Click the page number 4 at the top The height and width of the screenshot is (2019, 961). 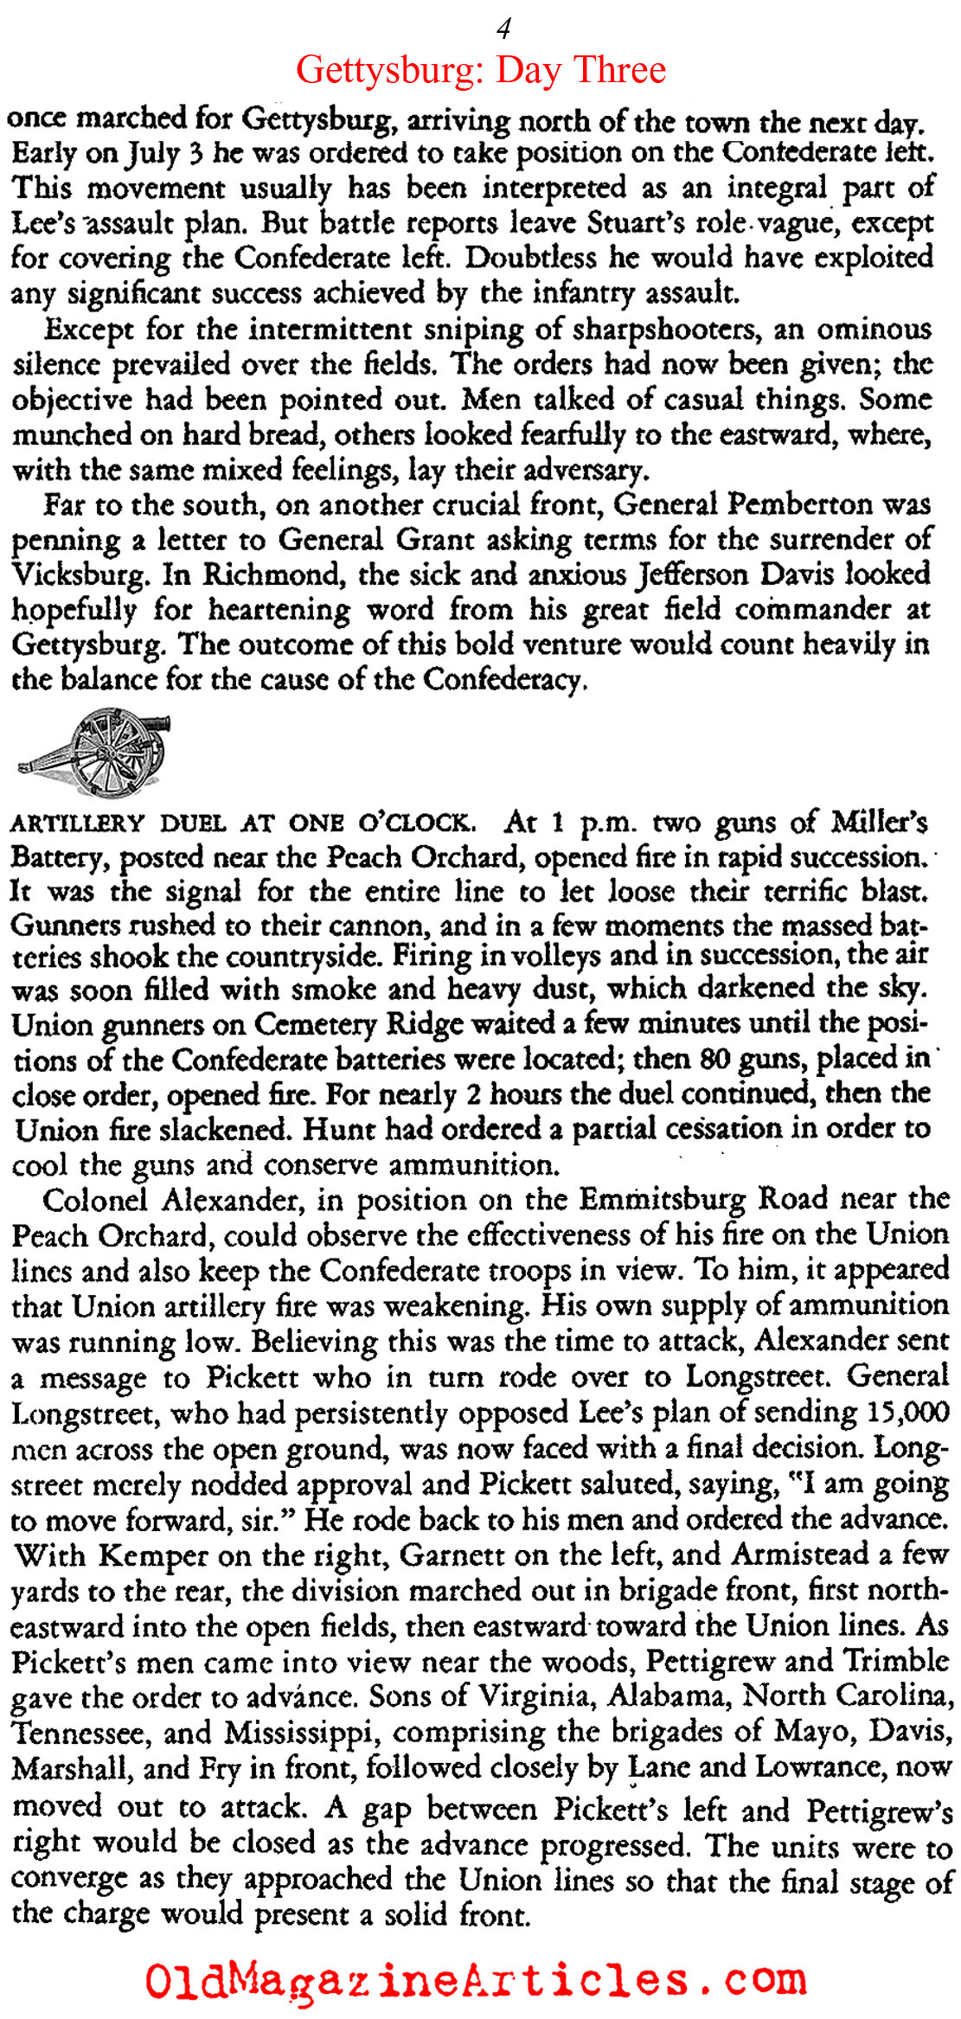[x=503, y=29]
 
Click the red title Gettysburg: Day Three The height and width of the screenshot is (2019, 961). [x=481, y=69]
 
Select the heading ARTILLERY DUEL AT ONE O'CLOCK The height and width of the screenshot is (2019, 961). [x=242, y=822]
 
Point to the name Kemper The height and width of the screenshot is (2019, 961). [x=152, y=1554]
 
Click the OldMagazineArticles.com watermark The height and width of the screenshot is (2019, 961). [x=476, y=1979]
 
